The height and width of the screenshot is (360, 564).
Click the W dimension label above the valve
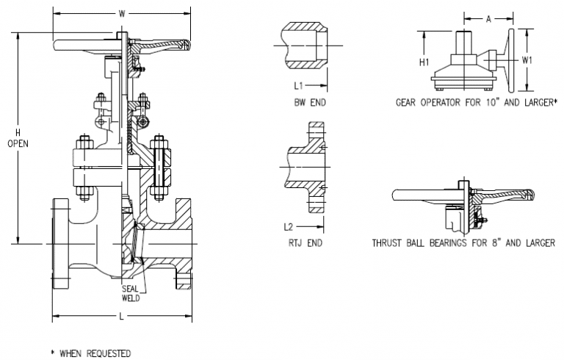121,13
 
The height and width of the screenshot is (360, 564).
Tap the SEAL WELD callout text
132,293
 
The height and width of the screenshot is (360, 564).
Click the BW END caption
308,101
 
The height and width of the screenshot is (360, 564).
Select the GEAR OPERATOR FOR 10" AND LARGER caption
474,102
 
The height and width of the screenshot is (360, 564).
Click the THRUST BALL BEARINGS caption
463,242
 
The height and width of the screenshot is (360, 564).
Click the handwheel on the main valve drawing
121,46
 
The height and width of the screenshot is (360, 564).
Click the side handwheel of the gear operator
508,58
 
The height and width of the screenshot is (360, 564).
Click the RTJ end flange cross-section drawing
308,169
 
